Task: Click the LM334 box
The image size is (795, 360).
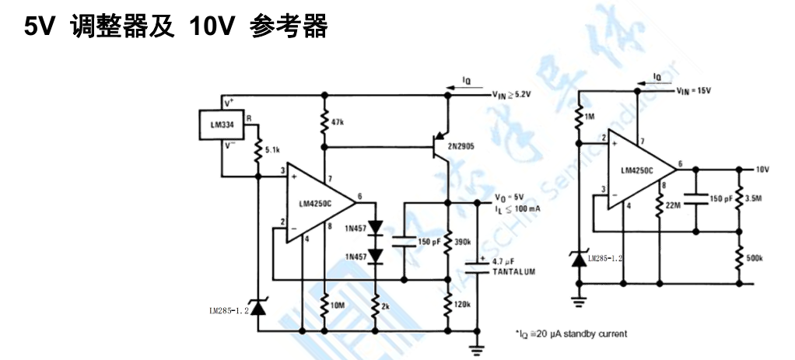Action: tap(222, 125)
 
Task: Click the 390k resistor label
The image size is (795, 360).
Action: tap(463, 242)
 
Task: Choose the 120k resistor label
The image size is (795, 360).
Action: tap(462, 303)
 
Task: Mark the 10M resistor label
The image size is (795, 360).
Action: tap(338, 306)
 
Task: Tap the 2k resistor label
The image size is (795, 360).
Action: tap(384, 306)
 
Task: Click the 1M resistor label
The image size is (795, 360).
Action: tap(589, 116)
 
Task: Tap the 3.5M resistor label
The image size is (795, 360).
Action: tap(754, 197)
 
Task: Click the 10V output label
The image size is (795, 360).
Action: tap(762, 168)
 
